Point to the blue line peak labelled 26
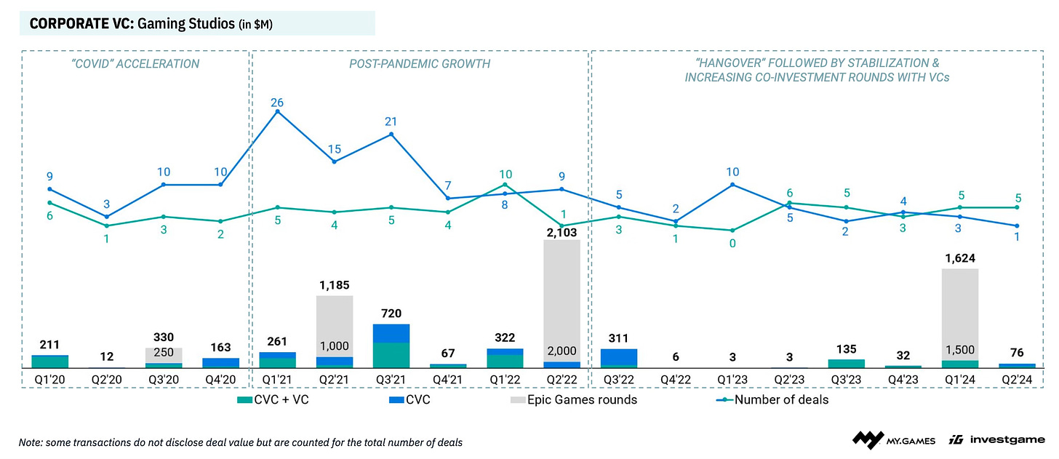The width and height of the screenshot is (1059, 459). pos(277,111)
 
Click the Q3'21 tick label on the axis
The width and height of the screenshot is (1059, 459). pos(391,378)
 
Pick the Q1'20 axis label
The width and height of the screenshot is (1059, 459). pos(49,378)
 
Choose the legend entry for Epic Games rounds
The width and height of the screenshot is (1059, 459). pos(572,399)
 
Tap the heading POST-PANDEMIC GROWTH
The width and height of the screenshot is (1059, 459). pos(420,64)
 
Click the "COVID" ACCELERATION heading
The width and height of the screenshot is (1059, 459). pos(136,64)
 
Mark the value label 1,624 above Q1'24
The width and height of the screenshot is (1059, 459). pos(959,258)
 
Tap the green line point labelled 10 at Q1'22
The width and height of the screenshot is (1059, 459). pos(505,185)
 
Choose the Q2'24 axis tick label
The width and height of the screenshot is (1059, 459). pos(1016,378)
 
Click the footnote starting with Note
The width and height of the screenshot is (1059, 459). pos(241,442)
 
